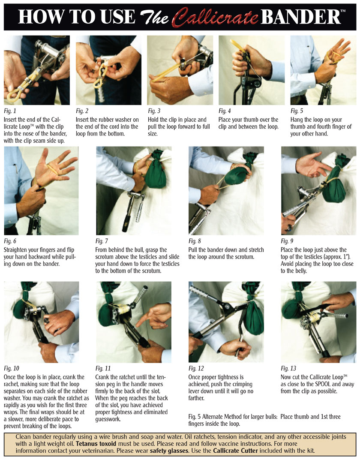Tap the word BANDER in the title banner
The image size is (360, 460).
pos(300,17)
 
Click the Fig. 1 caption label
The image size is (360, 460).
pos(10,111)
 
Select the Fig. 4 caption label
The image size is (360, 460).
pos(225,111)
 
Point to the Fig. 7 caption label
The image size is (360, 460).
pos(102,241)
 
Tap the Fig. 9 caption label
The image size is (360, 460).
pos(287,241)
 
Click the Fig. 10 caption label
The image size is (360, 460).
pos(12,368)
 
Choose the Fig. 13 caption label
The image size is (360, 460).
pos(289,368)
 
